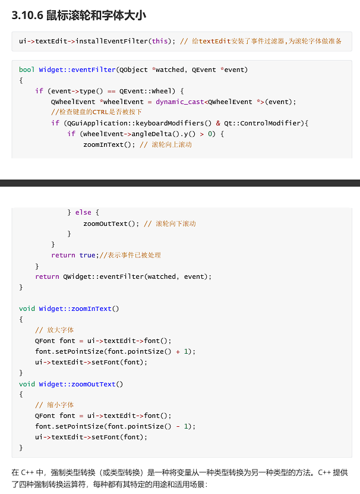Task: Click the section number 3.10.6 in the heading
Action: [x=27, y=15]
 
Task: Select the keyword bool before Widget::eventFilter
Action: [x=27, y=70]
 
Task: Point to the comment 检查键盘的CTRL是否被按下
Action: [x=97, y=112]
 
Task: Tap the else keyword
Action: [x=83, y=212]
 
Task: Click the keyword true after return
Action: [x=87, y=255]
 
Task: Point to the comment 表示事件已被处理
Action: [x=132, y=255]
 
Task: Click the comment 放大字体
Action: [x=60, y=330]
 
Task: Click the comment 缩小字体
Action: [x=60, y=405]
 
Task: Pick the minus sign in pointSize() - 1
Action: [x=178, y=426]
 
